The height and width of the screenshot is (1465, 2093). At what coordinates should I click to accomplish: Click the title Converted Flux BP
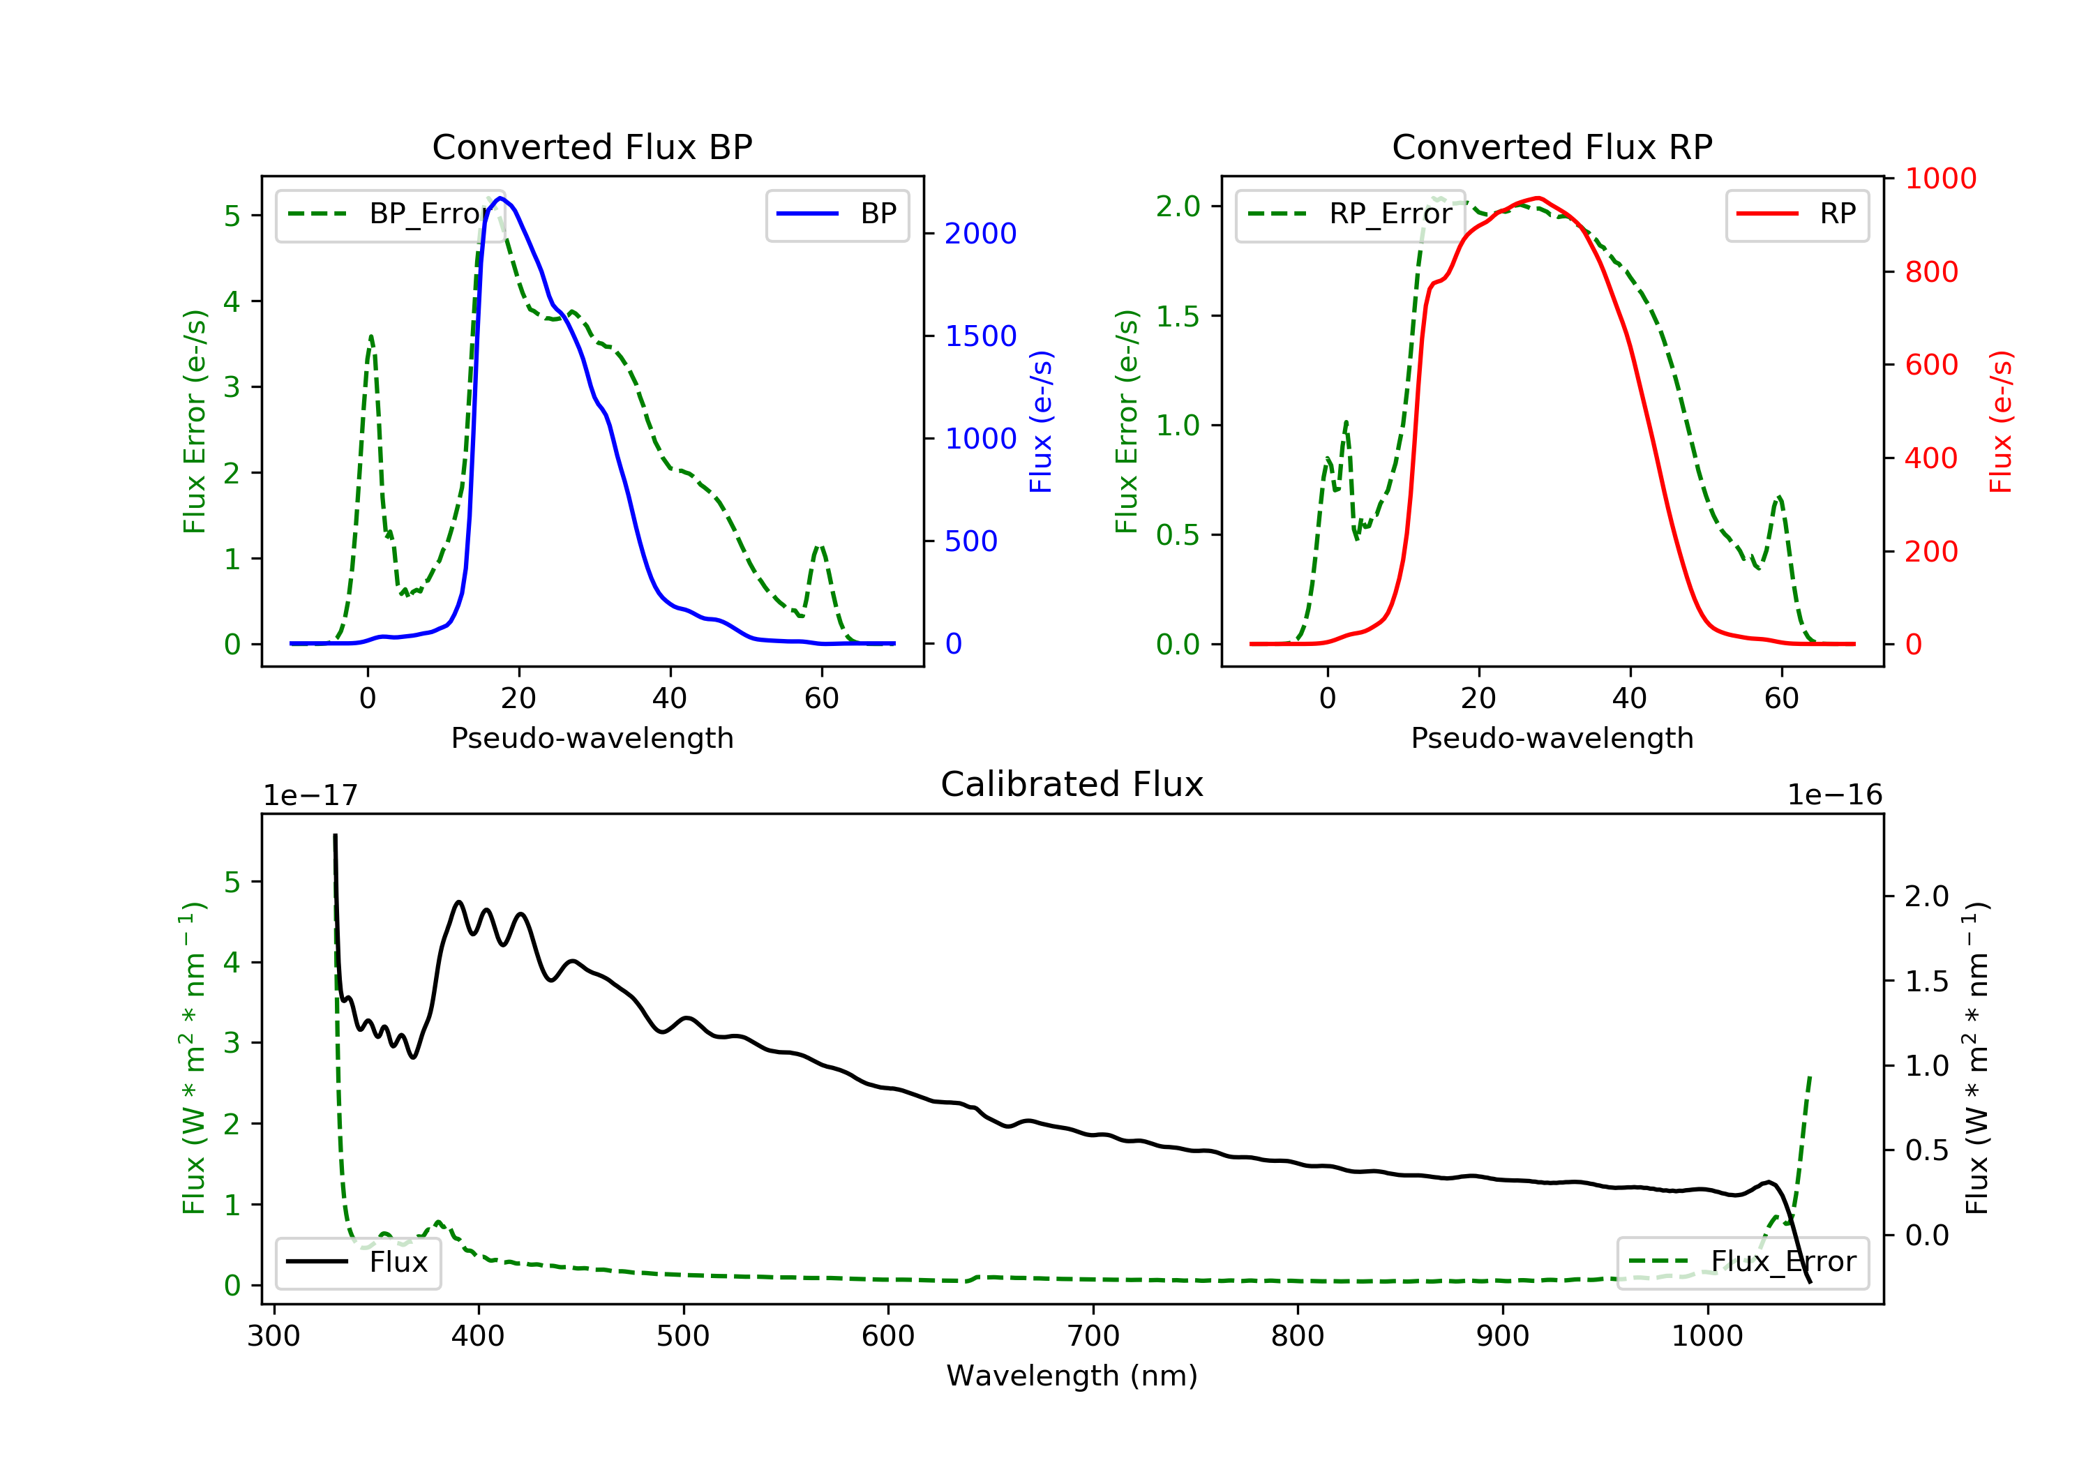[592, 146]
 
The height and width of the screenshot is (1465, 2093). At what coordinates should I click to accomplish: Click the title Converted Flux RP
[1552, 146]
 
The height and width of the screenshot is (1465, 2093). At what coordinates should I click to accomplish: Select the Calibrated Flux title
[1072, 784]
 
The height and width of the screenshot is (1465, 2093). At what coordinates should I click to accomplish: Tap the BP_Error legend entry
[390, 214]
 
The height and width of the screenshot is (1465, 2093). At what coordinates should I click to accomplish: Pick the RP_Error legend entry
[1350, 214]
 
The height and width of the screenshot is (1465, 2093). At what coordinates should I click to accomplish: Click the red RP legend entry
[1796, 214]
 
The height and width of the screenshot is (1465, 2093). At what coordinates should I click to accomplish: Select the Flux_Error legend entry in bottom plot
[1742, 1262]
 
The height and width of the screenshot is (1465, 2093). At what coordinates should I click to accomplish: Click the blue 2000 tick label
[980, 234]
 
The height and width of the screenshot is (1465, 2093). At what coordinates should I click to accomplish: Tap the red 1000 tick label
[1941, 179]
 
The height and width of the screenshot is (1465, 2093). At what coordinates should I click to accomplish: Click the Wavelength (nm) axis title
[1072, 1376]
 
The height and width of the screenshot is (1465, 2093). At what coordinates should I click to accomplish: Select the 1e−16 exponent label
[1834, 795]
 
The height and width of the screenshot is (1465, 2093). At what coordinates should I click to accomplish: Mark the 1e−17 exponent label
[311, 795]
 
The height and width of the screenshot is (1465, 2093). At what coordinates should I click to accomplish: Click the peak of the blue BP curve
[500, 198]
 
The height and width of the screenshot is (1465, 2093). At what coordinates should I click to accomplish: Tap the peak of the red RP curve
[1537, 198]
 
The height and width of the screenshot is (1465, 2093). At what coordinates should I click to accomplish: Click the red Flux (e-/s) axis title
[2000, 422]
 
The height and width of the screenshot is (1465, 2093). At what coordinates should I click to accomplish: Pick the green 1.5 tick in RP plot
[1178, 316]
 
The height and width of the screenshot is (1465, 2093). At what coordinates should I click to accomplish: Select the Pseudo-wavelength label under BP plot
[592, 737]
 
